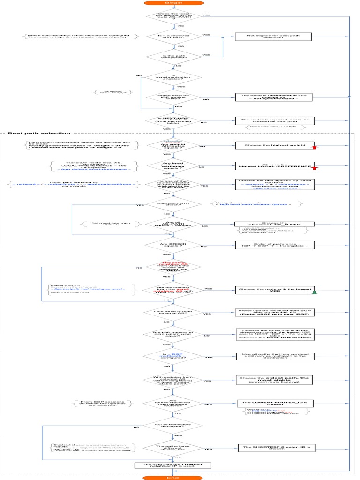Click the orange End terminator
[x=173, y=477]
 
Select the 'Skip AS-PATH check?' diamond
[x=173, y=204]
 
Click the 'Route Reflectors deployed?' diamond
[x=173, y=425]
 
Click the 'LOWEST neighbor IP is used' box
[x=172, y=465]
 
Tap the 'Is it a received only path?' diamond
[x=173, y=36]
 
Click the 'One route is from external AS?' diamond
[x=173, y=312]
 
